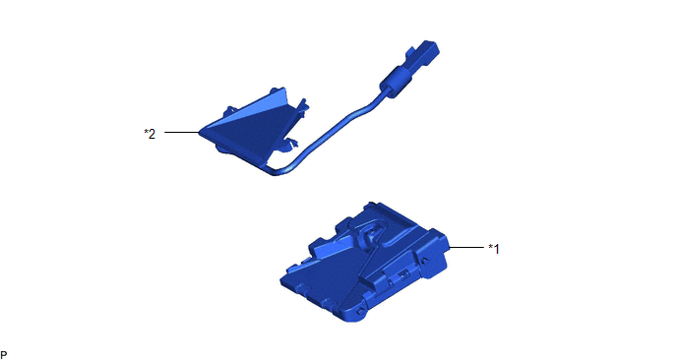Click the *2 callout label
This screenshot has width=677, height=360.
pyautogui.click(x=150, y=134)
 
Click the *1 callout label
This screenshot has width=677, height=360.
pyautogui.click(x=494, y=249)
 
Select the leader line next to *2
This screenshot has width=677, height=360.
pyautogui.click(x=181, y=132)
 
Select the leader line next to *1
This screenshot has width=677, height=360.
pyautogui.click(x=466, y=247)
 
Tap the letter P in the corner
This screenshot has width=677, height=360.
pyautogui.click(x=4, y=355)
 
